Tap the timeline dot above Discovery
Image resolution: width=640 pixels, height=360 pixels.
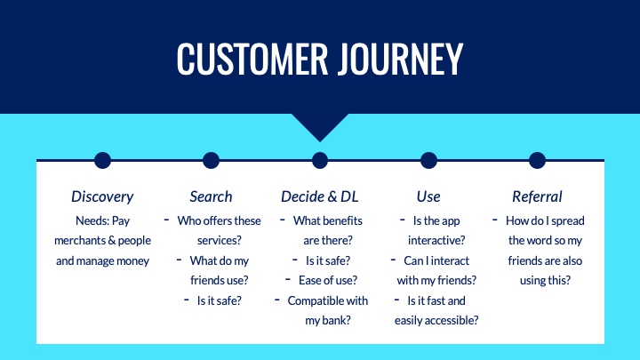pyautogui.click(x=102, y=160)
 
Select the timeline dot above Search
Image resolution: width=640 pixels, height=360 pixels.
pyautogui.click(x=211, y=160)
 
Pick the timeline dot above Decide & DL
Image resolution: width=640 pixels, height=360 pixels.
pyautogui.click(x=320, y=160)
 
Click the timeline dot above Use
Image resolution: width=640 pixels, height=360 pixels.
pyautogui.click(x=428, y=160)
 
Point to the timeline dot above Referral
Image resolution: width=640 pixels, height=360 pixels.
pyautogui.click(x=537, y=160)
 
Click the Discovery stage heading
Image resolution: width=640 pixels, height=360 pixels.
pyautogui.click(x=102, y=196)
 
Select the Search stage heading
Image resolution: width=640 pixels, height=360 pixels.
pyautogui.click(x=211, y=196)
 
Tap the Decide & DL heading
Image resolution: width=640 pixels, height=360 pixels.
pyautogui.click(x=320, y=196)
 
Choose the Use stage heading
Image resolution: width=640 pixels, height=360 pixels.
pyautogui.click(x=428, y=196)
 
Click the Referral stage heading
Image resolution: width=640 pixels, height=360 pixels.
pyautogui.click(x=537, y=196)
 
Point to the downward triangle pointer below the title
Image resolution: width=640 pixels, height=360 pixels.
pyautogui.click(x=320, y=125)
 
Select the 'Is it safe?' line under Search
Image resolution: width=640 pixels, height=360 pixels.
pyautogui.click(x=219, y=300)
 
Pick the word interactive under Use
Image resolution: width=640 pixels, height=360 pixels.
pyautogui.click(x=436, y=240)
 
